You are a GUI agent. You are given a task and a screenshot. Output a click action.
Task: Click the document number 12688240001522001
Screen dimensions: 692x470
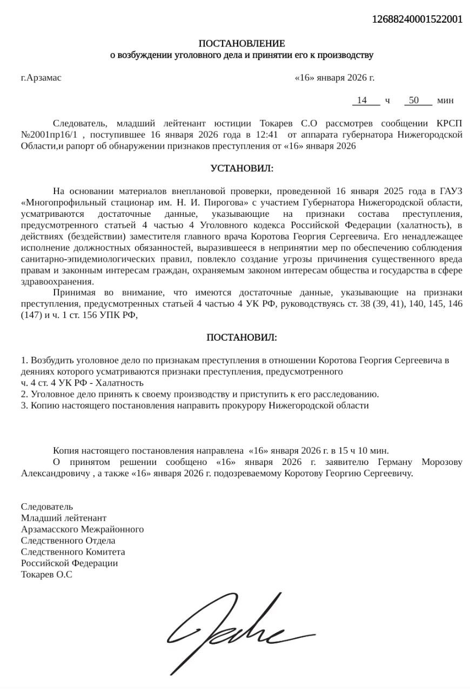[x=417, y=19]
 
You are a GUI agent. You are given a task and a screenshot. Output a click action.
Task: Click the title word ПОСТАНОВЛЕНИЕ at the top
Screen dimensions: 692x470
[x=241, y=43]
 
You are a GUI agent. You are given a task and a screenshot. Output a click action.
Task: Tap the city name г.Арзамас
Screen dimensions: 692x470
[x=41, y=77]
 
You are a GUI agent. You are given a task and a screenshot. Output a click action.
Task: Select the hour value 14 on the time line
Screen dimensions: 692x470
[x=362, y=100]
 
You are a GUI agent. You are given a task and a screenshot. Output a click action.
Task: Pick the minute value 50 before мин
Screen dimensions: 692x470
[x=414, y=100]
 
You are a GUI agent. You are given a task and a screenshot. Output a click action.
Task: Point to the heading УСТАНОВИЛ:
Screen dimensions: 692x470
[x=241, y=169]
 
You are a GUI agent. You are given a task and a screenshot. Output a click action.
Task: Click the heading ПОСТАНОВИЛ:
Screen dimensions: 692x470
[x=241, y=337]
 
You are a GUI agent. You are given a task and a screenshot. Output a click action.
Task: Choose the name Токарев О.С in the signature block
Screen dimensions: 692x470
[x=46, y=575]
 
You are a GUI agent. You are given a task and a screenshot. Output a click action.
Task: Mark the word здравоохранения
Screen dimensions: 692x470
[x=57, y=282]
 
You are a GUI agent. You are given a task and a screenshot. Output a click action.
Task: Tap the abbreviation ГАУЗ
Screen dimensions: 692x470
[x=451, y=191]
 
